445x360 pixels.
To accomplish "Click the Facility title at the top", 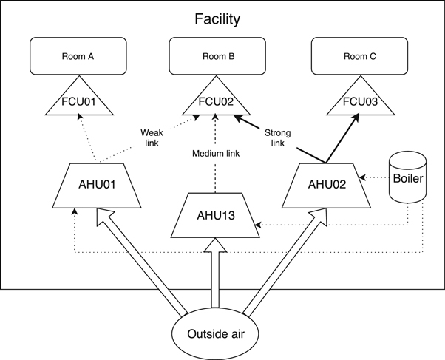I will click(217, 19).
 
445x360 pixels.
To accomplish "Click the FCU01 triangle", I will click(80, 102).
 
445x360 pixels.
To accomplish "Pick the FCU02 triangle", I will click(217, 102).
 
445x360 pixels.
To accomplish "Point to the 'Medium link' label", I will click(215, 154).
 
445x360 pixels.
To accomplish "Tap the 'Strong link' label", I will click(277, 137).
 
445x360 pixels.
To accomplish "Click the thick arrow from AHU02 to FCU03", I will click(340, 140).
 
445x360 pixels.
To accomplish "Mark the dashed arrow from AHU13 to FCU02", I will click(215, 177).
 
